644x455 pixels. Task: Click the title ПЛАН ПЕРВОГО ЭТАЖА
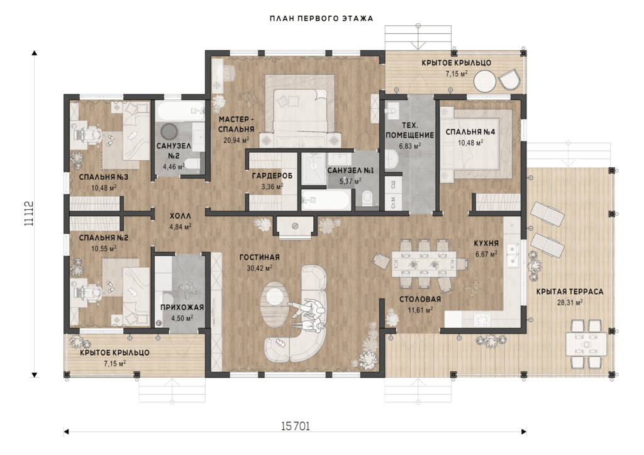(321, 18)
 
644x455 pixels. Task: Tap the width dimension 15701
(296, 426)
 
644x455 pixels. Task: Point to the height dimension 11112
(29, 213)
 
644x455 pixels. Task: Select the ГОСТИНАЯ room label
(259, 257)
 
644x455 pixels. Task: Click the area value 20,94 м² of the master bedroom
(236, 140)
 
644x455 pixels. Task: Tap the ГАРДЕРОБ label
(272, 176)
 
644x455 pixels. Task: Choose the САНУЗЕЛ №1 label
(350, 170)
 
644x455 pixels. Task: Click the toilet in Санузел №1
(367, 197)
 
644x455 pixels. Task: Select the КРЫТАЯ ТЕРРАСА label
(570, 292)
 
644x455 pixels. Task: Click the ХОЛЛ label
(180, 216)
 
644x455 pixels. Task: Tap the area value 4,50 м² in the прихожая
(182, 318)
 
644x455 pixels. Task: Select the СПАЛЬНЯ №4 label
(470, 132)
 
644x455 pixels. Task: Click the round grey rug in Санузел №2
(169, 132)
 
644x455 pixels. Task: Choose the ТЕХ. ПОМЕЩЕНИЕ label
(409, 130)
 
